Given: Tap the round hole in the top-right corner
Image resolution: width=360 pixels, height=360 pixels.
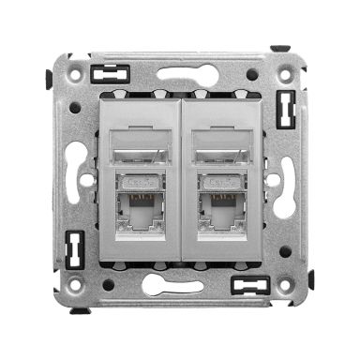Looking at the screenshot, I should click(253, 74).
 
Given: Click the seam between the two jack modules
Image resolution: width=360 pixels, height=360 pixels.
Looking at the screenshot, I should click(179, 178).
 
